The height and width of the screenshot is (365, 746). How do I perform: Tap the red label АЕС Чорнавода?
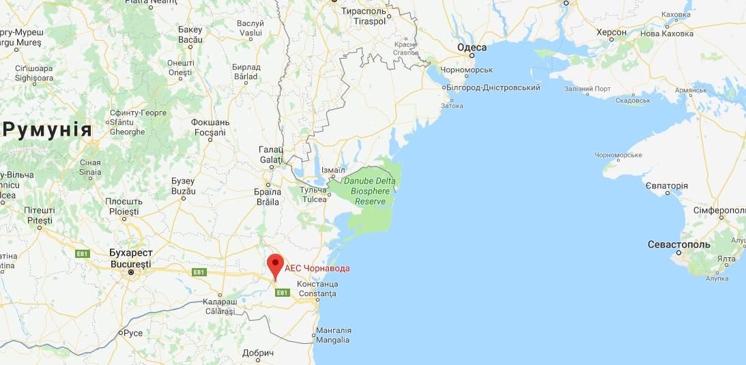[317, 269]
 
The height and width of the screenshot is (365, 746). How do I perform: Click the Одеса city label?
[471, 47]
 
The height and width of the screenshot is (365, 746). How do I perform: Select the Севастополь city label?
[678, 244]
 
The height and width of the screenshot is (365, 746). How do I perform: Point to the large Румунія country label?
[48, 130]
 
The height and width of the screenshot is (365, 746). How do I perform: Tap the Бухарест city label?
[130, 252]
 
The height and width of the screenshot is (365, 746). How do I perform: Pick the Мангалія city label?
[333, 330]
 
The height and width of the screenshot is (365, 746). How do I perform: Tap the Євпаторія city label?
[666, 186]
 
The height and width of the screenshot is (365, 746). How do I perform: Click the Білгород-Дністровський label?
[493, 87]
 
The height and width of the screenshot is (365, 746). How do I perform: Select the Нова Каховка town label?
[667, 33]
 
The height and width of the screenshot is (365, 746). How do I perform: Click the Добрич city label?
[258, 353]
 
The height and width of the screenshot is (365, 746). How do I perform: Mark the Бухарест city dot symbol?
[131, 272]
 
